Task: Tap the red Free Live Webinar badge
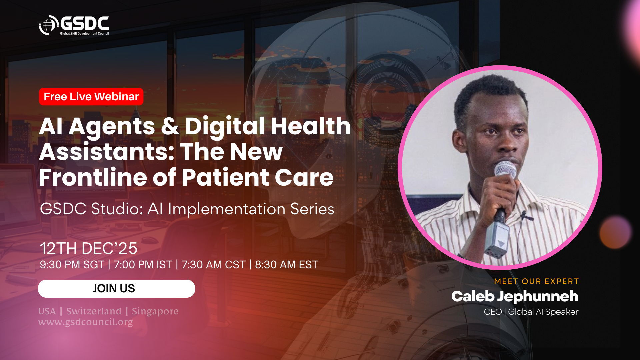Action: [x=91, y=97]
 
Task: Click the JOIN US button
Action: [x=116, y=289]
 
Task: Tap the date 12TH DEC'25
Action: [x=88, y=248]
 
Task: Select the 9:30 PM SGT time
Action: [x=72, y=265]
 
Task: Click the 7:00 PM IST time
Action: [x=143, y=265]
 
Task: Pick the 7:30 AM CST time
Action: [x=213, y=265]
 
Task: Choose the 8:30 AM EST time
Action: [x=287, y=265]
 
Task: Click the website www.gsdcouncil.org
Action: [x=86, y=322]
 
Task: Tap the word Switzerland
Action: [x=94, y=311]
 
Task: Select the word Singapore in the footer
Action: [x=155, y=312]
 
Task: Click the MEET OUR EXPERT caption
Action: [x=536, y=281]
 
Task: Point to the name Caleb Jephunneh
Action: [x=515, y=297]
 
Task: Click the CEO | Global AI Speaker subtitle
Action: [x=531, y=312]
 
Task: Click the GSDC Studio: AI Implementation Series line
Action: [x=187, y=209]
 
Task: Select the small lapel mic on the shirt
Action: [x=527, y=216]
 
